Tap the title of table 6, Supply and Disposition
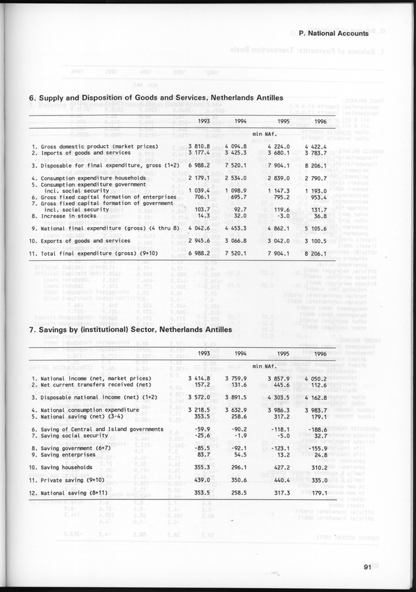(156, 98)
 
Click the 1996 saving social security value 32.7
(322, 435)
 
